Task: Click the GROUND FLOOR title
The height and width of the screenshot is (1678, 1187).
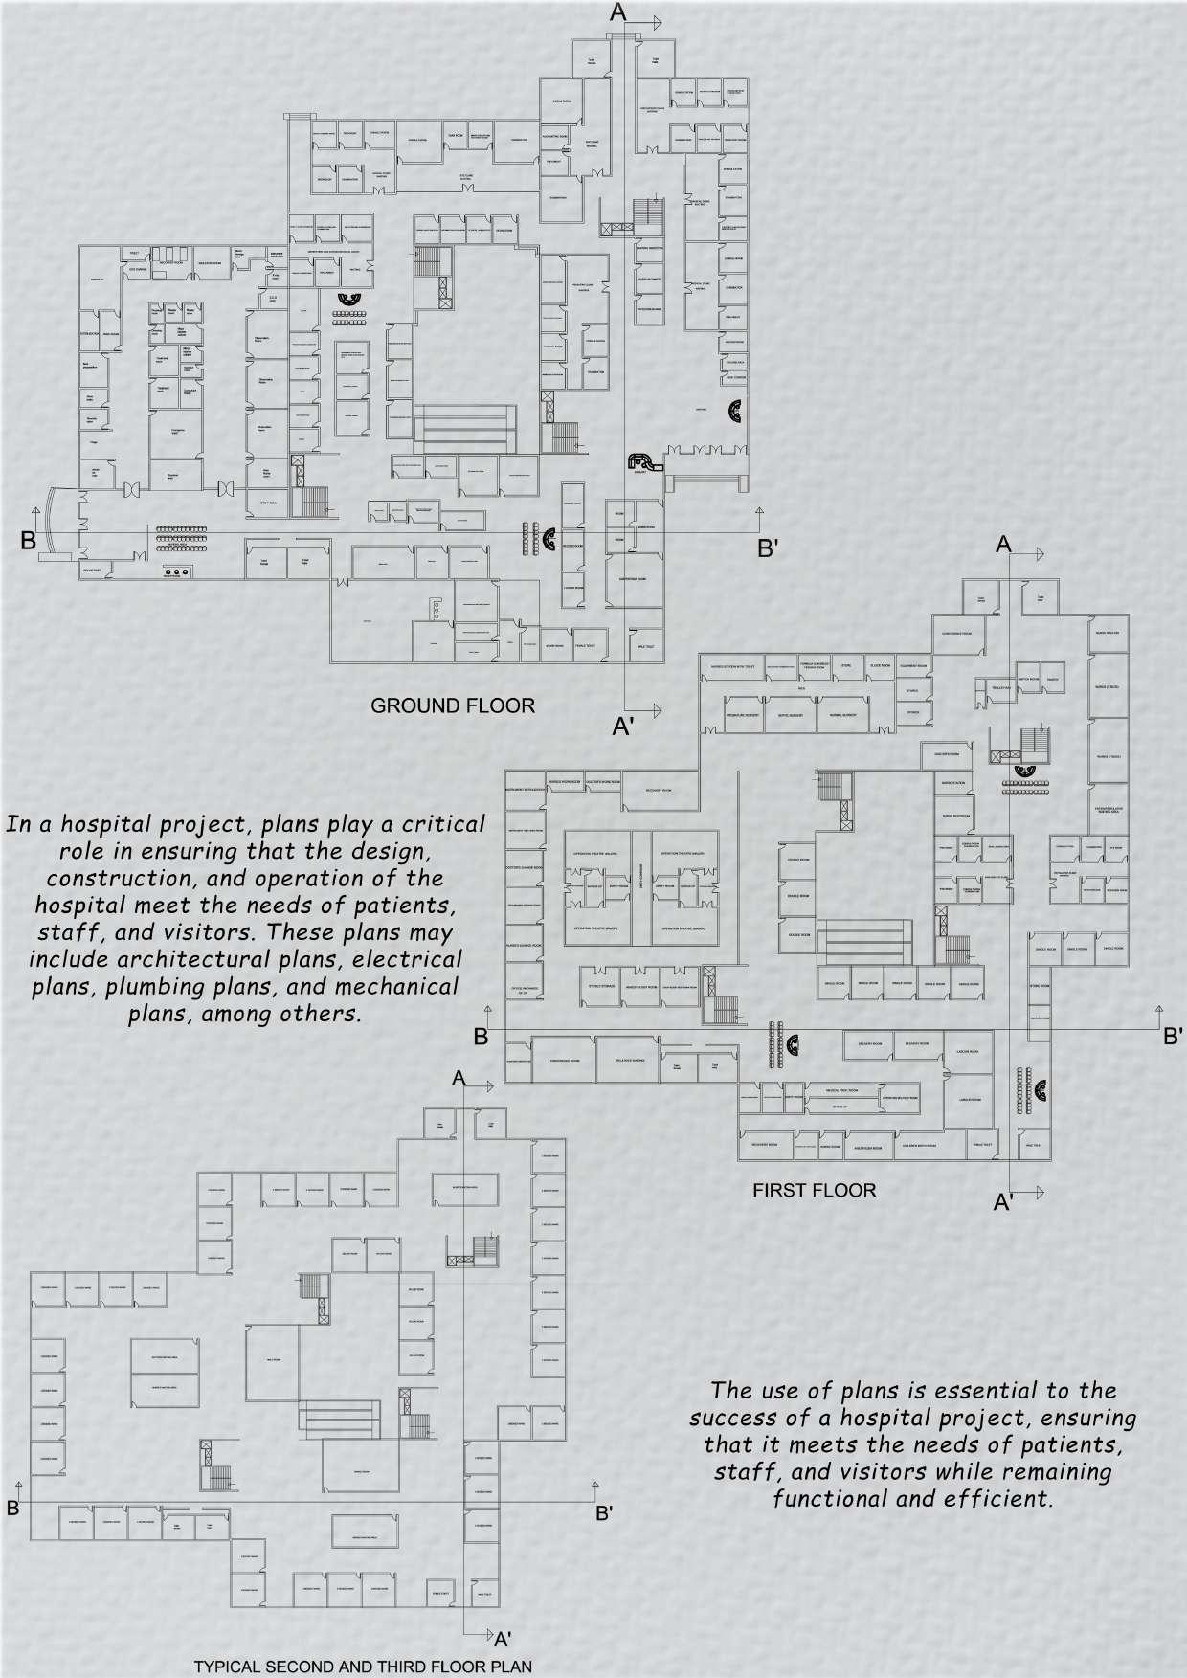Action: (452, 706)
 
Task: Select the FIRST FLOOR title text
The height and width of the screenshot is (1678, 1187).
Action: (814, 1191)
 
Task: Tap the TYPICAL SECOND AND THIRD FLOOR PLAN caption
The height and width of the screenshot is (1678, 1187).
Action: (363, 1667)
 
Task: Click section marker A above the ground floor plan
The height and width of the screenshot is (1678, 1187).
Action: (618, 13)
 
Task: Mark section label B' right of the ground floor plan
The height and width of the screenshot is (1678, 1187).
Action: (773, 548)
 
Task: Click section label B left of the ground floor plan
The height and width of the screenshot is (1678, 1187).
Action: (29, 541)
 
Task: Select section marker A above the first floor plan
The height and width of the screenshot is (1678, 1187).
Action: (1003, 544)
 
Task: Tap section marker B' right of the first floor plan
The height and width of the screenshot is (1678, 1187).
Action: (1174, 1037)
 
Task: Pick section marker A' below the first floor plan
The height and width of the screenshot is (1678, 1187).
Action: (1003, 1203)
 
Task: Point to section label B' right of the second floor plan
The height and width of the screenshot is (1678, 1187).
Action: (605, 1513)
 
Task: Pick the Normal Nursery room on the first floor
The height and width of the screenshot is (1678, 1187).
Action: (842, 715)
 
